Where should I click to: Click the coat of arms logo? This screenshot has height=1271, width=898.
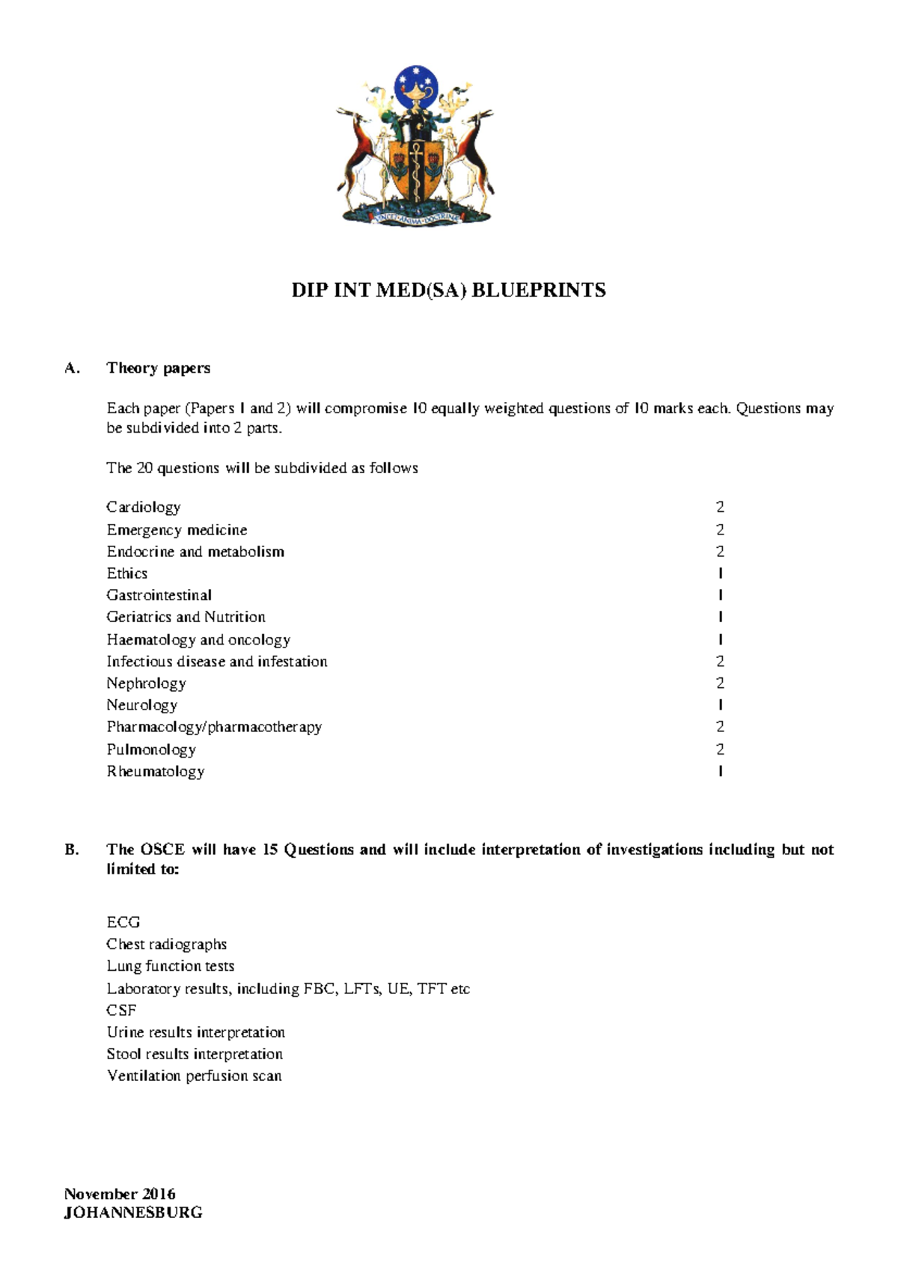415,145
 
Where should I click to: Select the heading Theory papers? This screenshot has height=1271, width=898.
158,368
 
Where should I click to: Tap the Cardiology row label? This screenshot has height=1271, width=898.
143,508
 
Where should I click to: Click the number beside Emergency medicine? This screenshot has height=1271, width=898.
720,530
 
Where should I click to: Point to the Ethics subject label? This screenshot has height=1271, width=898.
126,573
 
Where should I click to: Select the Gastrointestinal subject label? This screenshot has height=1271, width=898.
159,595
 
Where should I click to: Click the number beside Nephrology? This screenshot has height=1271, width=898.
720,683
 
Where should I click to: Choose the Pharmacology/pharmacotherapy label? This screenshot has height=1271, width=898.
214,727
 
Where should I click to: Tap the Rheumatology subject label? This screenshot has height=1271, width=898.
155,771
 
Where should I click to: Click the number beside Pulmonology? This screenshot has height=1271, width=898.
720,749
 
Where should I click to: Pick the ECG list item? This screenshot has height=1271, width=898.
123,922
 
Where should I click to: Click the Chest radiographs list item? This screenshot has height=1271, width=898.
166,944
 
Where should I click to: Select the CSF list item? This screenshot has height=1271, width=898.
121,1010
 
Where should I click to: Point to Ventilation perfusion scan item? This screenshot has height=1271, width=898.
194,1076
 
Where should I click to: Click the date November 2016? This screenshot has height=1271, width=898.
120,1193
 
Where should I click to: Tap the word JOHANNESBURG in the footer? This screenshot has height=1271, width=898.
133,1213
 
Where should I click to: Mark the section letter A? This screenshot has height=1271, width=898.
71,368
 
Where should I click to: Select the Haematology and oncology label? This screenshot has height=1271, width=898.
198,639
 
